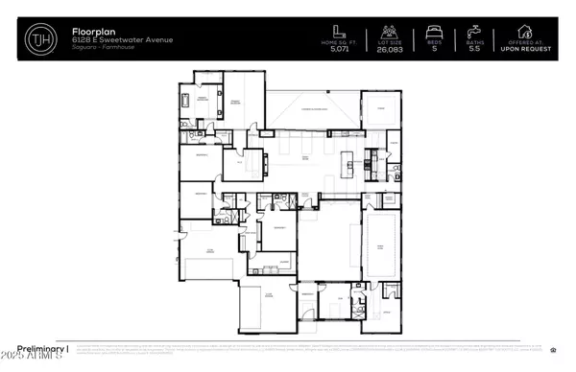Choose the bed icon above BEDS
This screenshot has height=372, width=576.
click(x=434, y=31)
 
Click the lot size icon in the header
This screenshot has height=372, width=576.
click(x=389, y=31)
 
